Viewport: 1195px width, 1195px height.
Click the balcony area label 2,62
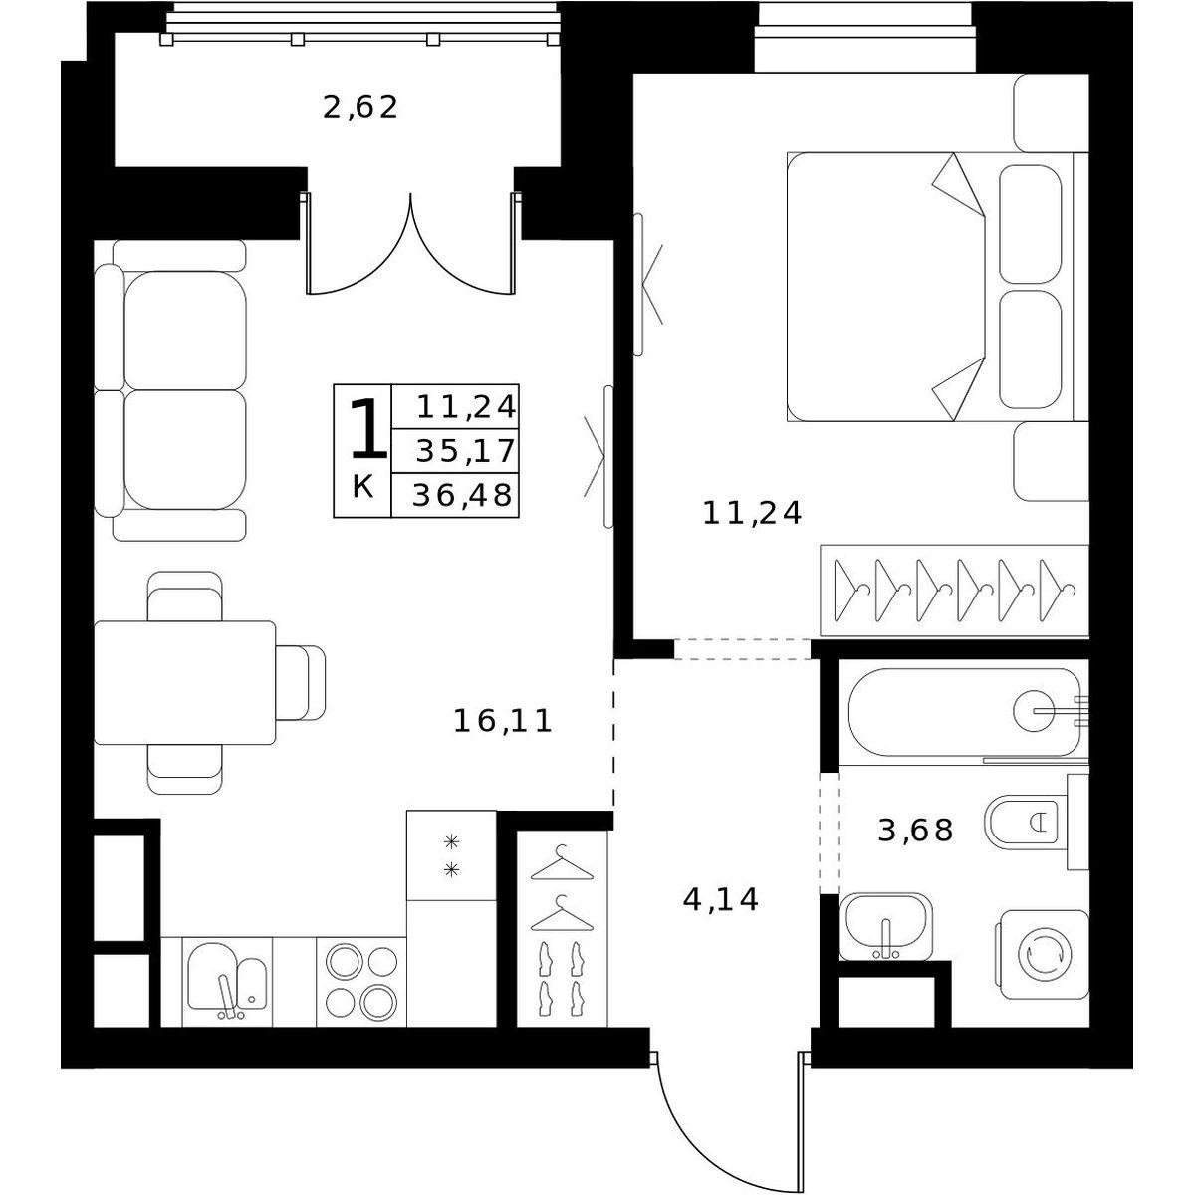(359, 107)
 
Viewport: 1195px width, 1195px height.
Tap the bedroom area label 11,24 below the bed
(752, 514)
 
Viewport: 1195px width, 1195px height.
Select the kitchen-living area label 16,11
(502, 721)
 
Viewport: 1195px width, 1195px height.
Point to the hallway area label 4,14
(721, 900)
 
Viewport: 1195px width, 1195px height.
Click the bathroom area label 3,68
(915, 831)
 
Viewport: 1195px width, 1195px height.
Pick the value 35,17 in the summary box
(465, 451)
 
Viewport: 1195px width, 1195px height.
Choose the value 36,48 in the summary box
(463, 495)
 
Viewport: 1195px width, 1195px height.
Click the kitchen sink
(227, 980)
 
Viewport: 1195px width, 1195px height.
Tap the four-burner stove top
(361, 981)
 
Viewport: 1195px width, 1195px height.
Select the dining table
(185, 682)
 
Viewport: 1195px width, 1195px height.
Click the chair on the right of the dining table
(301, 683)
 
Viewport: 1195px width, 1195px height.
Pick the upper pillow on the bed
(1030, 224)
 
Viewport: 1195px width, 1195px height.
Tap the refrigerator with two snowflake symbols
(451, 855)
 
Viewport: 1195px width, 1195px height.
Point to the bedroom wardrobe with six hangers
(954, 591)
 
